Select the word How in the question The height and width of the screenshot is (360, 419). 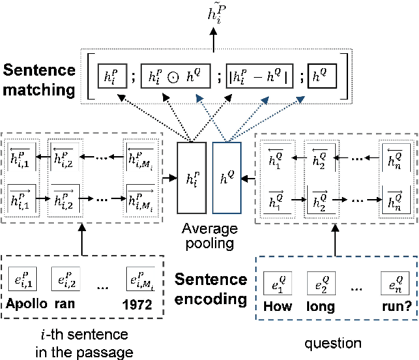pos(278,306)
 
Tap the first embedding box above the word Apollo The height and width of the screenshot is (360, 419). pos(26,280)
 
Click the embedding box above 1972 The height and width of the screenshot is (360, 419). pos(139,280)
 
